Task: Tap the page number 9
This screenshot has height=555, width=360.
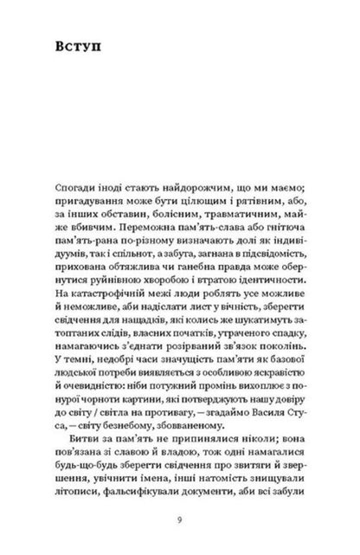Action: [x=180, y=522]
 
